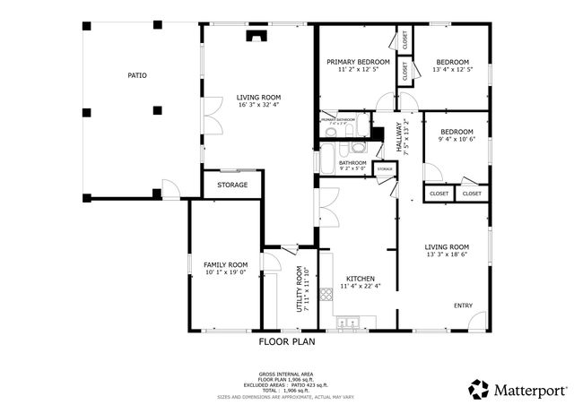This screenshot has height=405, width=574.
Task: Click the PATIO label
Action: click(136, 75)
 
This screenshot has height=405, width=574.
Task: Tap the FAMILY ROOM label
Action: click(225, 265)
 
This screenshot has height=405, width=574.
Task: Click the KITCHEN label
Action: click(360, 279)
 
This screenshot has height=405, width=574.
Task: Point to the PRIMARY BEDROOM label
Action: click(358, 62)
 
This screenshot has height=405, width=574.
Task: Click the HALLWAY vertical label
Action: click(400, 138)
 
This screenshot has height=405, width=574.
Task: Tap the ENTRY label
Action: click(463, 306)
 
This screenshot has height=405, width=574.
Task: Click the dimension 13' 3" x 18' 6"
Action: click(447, 255)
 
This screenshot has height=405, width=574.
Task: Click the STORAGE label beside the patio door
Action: click(232, 185)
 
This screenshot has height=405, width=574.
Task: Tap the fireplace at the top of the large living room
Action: click(257, 37)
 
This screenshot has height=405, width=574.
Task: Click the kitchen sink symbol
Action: click(353, 322)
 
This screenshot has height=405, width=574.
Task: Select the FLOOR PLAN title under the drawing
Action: click(286, 341)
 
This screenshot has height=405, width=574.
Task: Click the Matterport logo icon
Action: click(479, 389)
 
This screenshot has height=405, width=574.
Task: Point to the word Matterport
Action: click(530, 390)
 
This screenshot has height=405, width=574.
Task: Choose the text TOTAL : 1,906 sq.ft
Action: click(287, 391)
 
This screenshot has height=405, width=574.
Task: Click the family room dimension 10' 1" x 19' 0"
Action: click(225, 273)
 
